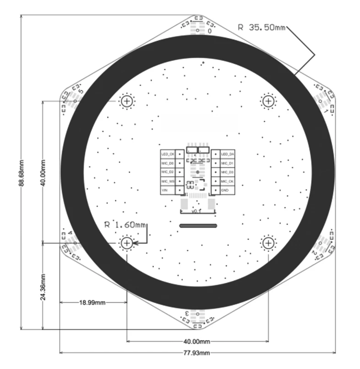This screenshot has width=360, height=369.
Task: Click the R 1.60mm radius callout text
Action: click(x=125, y=225)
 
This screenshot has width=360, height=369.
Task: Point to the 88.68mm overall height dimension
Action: click(x=21, y=173)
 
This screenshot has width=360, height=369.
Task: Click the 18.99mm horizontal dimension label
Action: click(x=92, y=303)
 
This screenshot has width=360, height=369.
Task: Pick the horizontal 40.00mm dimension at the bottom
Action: click(x=197, y=341)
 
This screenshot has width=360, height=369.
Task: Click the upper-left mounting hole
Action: click(x=127, y=101)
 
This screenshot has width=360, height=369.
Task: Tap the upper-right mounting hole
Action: click(x=267, y=101)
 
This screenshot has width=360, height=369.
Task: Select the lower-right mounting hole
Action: click(x=267, y=242)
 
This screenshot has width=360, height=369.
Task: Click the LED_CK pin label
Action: click(x=168, y=154)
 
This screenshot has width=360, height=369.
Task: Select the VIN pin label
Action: click(x=165, y=190)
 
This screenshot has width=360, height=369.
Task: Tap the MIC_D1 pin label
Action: click(x=228, y=163)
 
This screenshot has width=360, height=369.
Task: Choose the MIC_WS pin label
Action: click(x=168, y=181)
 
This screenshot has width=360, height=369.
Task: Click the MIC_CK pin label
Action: click(x=228, y=181)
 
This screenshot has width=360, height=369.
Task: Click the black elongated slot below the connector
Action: click(x=197, y=226)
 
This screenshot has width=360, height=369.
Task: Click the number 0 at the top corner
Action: click(x=210, y=31)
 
